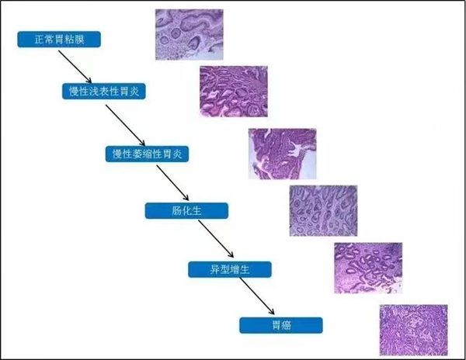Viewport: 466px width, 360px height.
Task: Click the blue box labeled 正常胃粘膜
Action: (59, 39)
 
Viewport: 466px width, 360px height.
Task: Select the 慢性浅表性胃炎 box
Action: (104, 92)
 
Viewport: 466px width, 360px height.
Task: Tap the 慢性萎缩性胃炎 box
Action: (147, 154)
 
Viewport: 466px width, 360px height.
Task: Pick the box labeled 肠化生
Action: (186, 211)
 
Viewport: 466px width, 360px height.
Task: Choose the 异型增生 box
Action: (230, 269)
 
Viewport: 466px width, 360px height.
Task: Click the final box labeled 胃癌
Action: (281, 325)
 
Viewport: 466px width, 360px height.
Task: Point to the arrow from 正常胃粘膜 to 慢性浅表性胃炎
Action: (75, 67)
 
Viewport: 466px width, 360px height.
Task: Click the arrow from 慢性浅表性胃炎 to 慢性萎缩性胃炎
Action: (125, 125)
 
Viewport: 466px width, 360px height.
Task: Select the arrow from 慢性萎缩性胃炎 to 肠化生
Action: (172, 183)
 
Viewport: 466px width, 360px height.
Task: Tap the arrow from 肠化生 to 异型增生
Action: (216, 239)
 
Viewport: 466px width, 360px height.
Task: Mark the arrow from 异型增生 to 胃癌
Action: (257, 296)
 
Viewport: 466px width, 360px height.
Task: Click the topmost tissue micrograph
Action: (190, 34)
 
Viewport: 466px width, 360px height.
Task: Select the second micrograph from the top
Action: (234, 92)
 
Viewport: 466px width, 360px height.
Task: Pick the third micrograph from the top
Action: (283, 154)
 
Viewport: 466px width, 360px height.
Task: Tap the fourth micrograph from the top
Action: (323, 211)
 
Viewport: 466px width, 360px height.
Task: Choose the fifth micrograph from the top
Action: (368, 268)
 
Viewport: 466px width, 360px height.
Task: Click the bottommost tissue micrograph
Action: (414, 330)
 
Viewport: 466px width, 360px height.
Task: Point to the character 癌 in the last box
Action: (286, 326)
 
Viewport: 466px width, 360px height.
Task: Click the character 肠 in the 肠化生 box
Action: (176, 211)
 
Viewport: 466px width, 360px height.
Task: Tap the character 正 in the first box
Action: (40, 39)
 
